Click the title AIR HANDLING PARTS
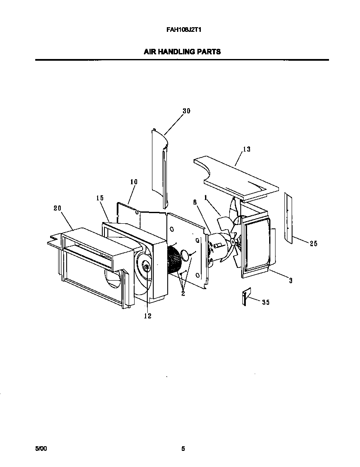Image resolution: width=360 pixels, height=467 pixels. tap(182, 52)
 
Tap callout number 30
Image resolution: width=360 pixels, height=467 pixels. tap(186, 111)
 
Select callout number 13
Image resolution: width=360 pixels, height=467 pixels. tap(247, 149)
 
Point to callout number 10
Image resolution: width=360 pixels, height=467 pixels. tap(134, 182)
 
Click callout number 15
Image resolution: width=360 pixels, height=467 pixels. tap(100, 198)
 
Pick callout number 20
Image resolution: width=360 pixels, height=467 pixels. tap(57, 208)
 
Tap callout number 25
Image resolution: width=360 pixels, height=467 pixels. tap(313, 244)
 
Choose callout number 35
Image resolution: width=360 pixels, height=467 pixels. tap(266, 302)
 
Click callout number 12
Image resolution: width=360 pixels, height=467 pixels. tap(148, 315)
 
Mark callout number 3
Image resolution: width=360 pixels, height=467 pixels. tap(291, 281)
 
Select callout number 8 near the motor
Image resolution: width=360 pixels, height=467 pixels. tap(195, 203)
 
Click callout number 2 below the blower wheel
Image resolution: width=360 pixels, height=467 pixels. tap(183, 293)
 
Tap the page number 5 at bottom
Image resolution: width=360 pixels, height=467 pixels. tap(183, 448)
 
